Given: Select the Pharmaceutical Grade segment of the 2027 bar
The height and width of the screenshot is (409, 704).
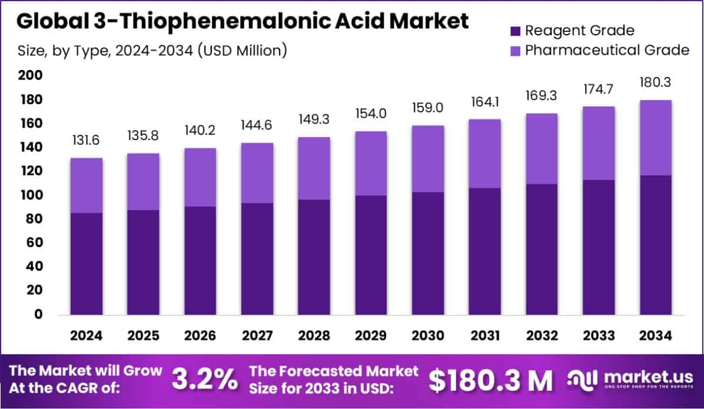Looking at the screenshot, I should point(257,173).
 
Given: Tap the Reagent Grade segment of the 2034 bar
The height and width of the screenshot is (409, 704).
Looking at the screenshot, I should point(655,244).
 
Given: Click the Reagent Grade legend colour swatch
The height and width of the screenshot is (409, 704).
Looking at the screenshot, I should point(514,30).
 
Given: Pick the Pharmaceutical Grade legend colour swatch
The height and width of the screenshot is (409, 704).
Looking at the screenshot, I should point(514,50).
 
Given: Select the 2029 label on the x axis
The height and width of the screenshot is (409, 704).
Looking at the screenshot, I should point(370,336).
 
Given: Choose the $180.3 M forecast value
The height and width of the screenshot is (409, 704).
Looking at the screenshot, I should point(490,381).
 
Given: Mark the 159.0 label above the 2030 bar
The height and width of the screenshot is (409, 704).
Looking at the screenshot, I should point(427,109).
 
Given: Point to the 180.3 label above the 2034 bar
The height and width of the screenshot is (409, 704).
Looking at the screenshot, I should point(655,83).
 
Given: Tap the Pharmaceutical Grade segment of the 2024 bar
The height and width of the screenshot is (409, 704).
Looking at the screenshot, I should point(87,185).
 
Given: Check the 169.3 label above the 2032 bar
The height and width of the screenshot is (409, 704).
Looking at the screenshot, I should point(541,96).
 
